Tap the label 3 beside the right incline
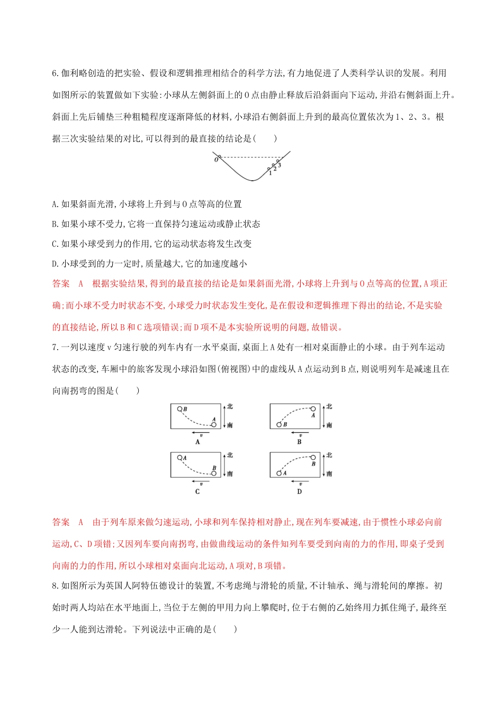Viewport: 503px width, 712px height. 280,165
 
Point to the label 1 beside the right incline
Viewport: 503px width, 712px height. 270,173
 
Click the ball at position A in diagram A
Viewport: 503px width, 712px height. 213,424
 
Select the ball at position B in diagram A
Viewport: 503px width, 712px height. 180,409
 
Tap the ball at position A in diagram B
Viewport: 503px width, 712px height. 313,409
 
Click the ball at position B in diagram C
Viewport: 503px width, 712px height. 214,473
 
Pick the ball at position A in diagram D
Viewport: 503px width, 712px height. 279,473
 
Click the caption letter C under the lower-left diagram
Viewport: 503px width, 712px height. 197,492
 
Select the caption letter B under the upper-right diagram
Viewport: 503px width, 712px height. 299,442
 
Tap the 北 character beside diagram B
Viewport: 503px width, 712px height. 329,406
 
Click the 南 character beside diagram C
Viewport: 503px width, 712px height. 230,474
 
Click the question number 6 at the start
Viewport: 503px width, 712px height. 55,73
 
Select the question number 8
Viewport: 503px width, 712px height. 55,586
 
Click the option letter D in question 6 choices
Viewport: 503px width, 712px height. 55,264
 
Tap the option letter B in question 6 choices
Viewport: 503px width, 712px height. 55,224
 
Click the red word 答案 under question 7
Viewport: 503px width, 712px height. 61,522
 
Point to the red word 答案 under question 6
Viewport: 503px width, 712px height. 61,284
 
